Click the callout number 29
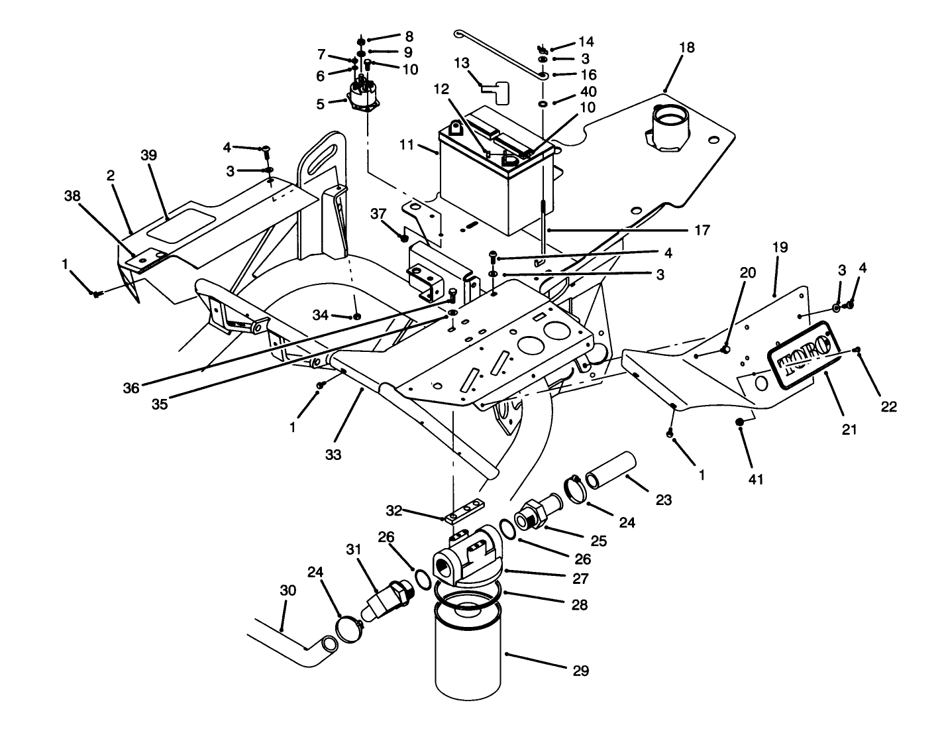pyautogui.click(x=580, y=671)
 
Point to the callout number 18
pyautogui.click(x=687, y=48)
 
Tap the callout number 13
pyautogui.click(x=462, y=63)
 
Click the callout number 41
pyautogui.click(x=756, y=479)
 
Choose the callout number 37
pyautogui.click(x=378, y=213)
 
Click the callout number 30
pyautogui.click(x=288, y=590)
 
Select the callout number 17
pyautogui.click(x=702, y=230)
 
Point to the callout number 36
pyautogui.click(x=131, y=388)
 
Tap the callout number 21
pyautogui.click(x=849, y=430)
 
